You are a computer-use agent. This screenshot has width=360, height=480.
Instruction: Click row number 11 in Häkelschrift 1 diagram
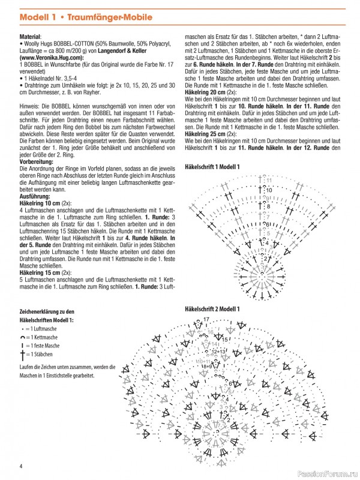(x=269, y=179)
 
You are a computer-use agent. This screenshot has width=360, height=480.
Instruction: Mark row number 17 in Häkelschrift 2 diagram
(x=206, y=319)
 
